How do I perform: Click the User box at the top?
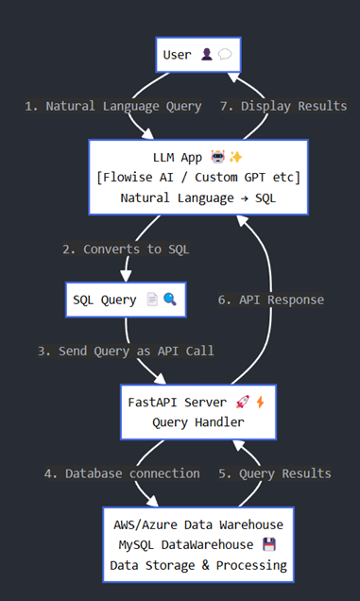[x=197, y=55]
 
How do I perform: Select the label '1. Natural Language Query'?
[x=113, y=106]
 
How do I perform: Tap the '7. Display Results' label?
[x=284, y=106]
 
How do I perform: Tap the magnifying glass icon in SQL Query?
[x=170, y=300]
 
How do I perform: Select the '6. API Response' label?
[x=270, y=300]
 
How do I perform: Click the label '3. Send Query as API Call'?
[x=126, y=351]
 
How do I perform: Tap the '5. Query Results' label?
[x=276, y=472]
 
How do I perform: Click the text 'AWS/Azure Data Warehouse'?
[x=197, y=524]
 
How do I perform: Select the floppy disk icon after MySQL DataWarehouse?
[x=269, y=545]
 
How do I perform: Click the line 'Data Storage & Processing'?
[x=197, y=565]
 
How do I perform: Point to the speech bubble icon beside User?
[x=225, y=55]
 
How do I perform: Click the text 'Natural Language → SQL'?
[x=197, y=197]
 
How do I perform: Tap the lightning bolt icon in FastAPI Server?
[x=260, y=401]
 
